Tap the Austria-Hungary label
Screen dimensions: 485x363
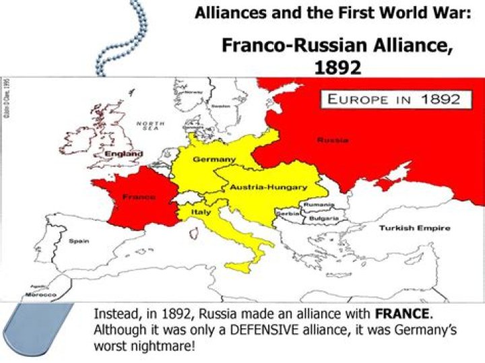(269, 187)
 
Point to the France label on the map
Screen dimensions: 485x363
(139, 197)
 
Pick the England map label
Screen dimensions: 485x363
(124, 154)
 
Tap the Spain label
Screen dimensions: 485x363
(79, 240)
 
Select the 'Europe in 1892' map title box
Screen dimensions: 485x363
(393, 99)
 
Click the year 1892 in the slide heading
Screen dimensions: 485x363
(337, 67)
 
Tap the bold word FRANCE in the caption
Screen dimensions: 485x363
(402, 314)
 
